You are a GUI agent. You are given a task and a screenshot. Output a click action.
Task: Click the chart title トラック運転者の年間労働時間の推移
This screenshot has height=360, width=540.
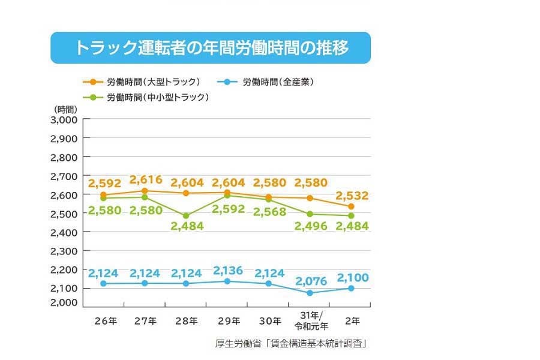pyautogui.click(x=211, y=48)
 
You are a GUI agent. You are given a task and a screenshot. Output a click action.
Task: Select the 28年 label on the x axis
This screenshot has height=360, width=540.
pyautogui.click(x=186, y=321)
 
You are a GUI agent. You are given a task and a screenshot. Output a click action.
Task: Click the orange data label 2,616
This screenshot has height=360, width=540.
pyautogui.click(x=146, y=179)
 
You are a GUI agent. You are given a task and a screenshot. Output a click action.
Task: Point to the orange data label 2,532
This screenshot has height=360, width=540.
pyautogui.click(x=352, y=196)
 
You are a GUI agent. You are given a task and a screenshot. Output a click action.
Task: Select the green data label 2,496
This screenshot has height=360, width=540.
pyautogui.click(x=310, y=226)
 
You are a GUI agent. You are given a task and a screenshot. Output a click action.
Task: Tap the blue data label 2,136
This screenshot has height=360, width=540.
pyautogui.click(x=227, y=271)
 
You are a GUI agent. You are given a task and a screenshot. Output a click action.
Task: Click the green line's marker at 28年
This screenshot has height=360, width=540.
pyautogui.click(x=186, y=215)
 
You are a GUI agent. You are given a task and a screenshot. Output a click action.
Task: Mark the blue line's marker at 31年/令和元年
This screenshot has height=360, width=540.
pyautogui.click(x=310, y=293)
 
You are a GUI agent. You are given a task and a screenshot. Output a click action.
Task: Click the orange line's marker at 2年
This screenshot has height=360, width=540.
pyautogui.click(x=351, y=206)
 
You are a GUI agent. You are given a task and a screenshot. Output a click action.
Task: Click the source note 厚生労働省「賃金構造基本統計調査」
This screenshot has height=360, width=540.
pyautogui.click(x=290, y=344)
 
